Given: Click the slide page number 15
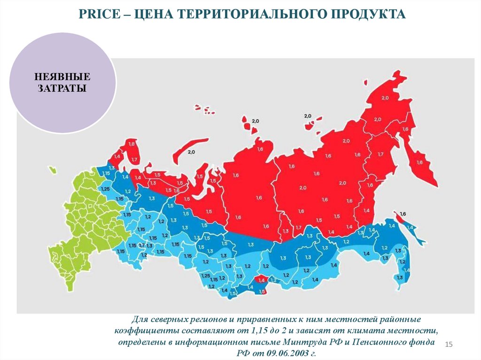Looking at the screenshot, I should click(x=448, y=345).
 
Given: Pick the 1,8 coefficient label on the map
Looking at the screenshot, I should click(x=131, y=144).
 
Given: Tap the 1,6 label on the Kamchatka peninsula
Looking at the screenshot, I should click(x=419, y=162).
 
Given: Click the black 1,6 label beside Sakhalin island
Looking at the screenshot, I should click(x=403, y=214).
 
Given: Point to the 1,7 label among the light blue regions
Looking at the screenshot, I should click(x=141, y=245).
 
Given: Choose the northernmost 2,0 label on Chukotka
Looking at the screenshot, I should click(x=385, y=98).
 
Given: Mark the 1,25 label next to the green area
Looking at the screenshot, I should click(x=106, y=189).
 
